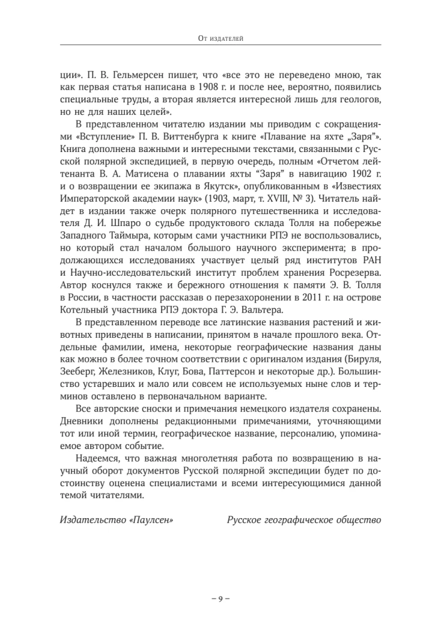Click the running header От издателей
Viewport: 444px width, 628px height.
[221, 39]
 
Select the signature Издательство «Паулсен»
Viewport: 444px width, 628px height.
[116, 521]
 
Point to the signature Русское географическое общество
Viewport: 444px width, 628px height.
[304, 521]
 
